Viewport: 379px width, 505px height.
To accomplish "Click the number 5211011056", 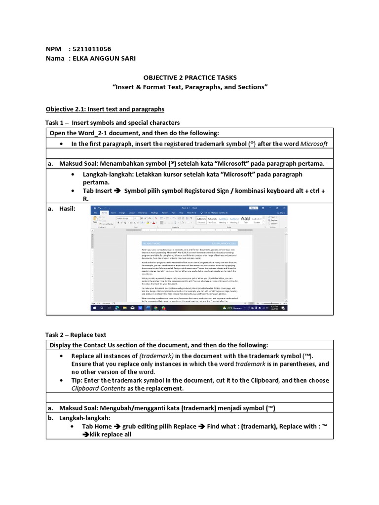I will (91, 49).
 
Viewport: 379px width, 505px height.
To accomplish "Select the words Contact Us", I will (95, 345).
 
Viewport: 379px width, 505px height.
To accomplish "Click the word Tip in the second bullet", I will (77, 380).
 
